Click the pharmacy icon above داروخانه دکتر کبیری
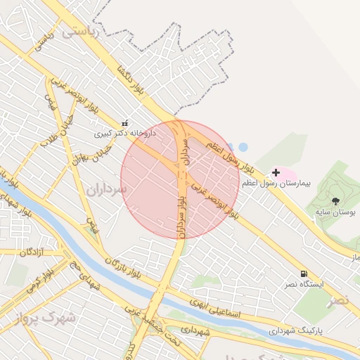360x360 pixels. pos(125,122)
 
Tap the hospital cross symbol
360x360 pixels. pos(276,172)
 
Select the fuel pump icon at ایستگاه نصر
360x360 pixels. pos(304,274)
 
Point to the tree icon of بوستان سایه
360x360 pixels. pos(335,200)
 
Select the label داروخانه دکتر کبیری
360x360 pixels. pos(122,132)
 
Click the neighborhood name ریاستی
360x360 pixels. pos(82,32)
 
